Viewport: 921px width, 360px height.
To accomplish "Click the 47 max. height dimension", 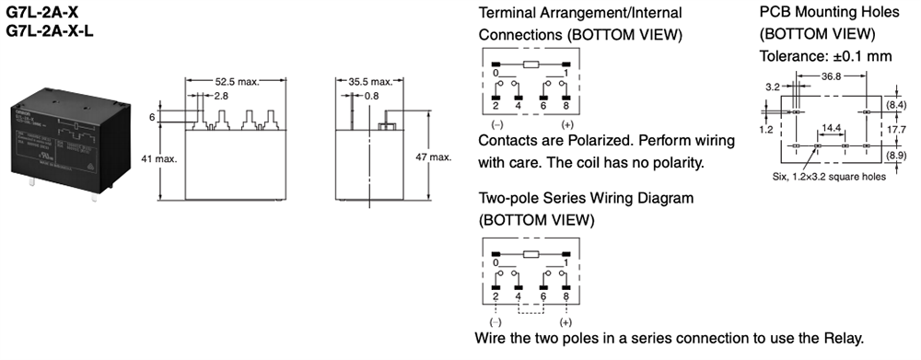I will (433, 158).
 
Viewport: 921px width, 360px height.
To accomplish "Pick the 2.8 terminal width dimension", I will (221, 95).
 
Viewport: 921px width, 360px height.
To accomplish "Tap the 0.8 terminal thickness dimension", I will (371, 95).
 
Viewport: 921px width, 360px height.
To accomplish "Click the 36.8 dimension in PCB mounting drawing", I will (832, 76).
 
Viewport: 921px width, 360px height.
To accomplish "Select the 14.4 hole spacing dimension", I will (831, 127).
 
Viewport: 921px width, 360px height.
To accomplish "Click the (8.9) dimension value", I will (897, 155).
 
